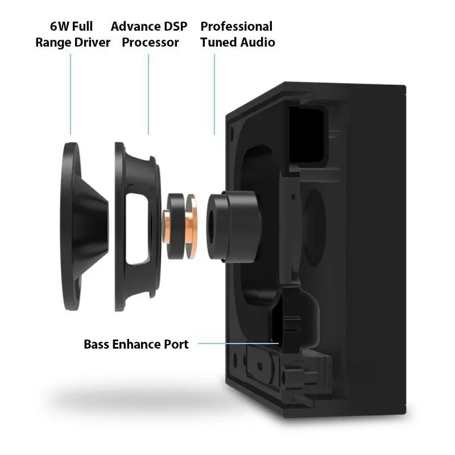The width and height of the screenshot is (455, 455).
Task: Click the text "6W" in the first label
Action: tap(60, 26)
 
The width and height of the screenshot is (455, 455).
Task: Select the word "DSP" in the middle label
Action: tap(176, 26)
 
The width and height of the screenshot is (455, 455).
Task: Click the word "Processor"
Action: tap(150, 42)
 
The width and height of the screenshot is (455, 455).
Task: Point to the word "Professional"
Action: tap(237, 26)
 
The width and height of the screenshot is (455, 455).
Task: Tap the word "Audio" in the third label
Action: tap(258, 42)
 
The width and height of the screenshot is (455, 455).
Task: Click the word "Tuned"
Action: tap(219, 42)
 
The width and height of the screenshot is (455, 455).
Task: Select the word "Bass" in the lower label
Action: tap(96, 344)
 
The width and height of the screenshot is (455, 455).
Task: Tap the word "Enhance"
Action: tap(136, 344)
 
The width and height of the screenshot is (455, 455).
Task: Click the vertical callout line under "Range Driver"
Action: tap(71, 94)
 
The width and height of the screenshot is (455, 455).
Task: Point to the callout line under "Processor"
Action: tap(148, 94)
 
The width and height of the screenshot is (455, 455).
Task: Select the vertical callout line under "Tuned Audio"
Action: tap(214, 94)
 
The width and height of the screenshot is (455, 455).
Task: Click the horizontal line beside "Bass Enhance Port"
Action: tap(238, 344)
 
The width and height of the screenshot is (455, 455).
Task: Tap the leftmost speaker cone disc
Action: tap(69, 226)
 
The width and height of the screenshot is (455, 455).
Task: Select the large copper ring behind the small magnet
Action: tap(192, 226)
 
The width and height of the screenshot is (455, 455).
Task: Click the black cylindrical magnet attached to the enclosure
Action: tap(234, 226)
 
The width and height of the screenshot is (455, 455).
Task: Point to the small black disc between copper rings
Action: tap(176, 226)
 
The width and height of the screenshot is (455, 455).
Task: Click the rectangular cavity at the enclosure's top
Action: tap(307, 134)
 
